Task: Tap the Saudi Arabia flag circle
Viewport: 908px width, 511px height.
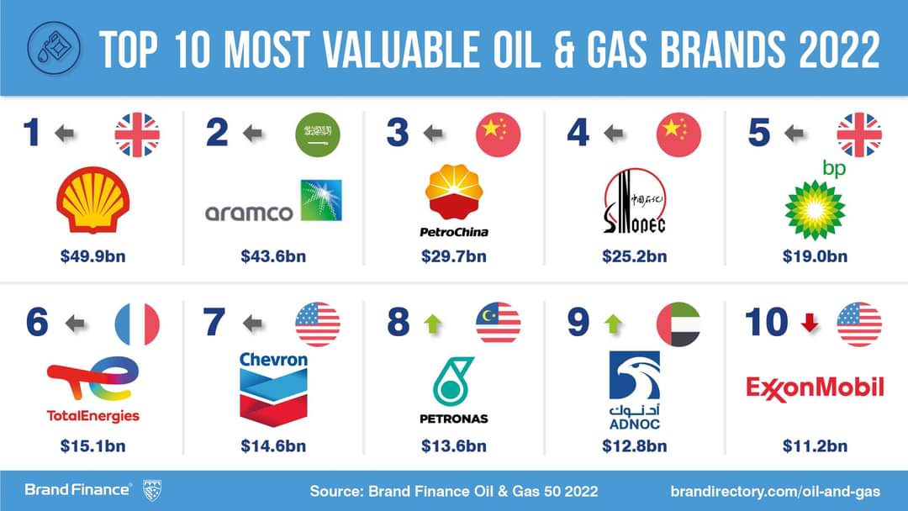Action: coord(318,134)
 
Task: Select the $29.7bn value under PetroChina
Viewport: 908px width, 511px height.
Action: coord(454,256)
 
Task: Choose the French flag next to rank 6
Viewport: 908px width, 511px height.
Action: coord(137,324)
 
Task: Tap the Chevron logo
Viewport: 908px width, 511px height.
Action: coord(273,387)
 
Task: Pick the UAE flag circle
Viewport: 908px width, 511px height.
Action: coord(678,324)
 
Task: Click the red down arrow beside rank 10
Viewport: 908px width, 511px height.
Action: coord(810,323)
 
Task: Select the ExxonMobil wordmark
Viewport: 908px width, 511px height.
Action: coord(815,387)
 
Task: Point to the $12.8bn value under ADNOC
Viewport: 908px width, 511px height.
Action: coord(635,446)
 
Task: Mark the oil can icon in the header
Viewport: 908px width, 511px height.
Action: coord(55,47)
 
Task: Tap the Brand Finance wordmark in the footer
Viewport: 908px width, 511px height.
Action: coord(77,489)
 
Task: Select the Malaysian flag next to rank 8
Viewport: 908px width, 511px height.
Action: coord(499,324)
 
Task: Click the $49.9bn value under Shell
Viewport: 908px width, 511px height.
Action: coord(92,256)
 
